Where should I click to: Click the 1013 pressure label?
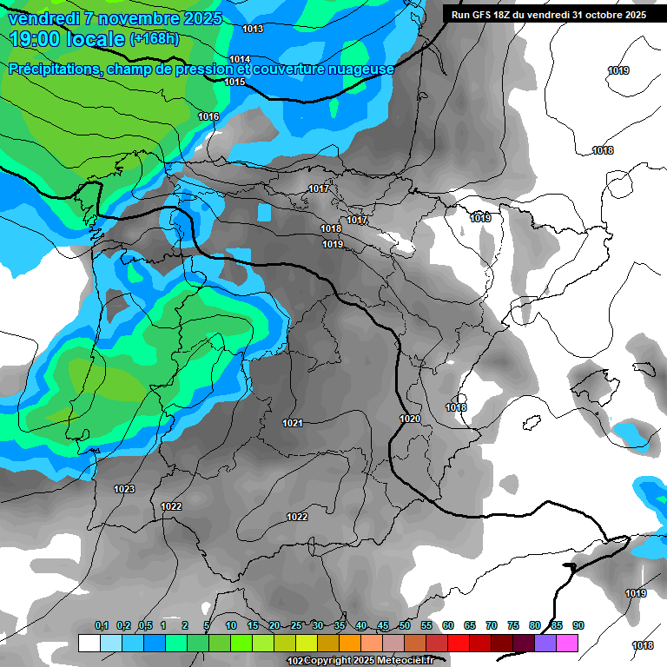pos(253,29)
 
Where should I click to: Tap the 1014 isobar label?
pos(240,59)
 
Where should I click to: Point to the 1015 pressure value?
pos(234,82)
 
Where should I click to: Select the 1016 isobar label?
pos(208,116)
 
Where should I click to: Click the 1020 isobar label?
pos(410,419)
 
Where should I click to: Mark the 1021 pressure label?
pos(293,423)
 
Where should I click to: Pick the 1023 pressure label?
pos(124,489)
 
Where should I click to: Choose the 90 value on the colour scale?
pos(578,625)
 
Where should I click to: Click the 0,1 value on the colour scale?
pos(102,625)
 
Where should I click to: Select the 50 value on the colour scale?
pos(405,625)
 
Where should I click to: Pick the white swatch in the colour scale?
pos(89,643)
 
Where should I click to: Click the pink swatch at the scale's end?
pos(566,643)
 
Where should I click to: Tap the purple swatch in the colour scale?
pos(545,643)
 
